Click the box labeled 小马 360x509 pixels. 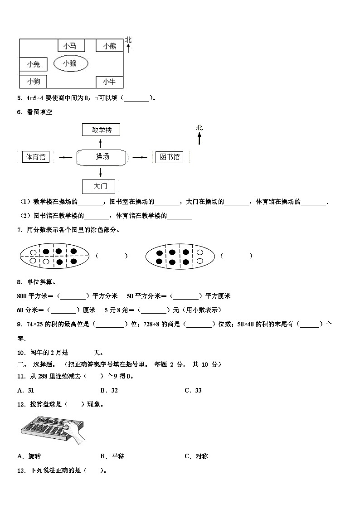[70, 45]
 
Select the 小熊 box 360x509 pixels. [109, 45]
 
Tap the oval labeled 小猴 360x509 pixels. [70, 63]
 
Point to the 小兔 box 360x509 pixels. [33, 64]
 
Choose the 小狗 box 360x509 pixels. [33, 82]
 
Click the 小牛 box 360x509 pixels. [109, 82]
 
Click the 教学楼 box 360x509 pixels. [101, 130]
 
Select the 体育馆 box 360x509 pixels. [36, 157]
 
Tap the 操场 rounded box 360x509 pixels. [102, 157]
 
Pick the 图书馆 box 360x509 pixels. [169, 157]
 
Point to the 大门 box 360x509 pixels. [98, 186]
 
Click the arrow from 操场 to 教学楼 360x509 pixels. [100, 144]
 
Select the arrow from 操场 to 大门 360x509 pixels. [100, 172]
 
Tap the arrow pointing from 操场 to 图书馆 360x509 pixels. [141, 157]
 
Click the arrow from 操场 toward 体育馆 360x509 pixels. [66, 157]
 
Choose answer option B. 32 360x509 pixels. [109, 390]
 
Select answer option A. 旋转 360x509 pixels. [29, 456]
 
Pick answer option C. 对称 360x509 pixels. [196, 456]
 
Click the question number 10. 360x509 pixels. [20, 352]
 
